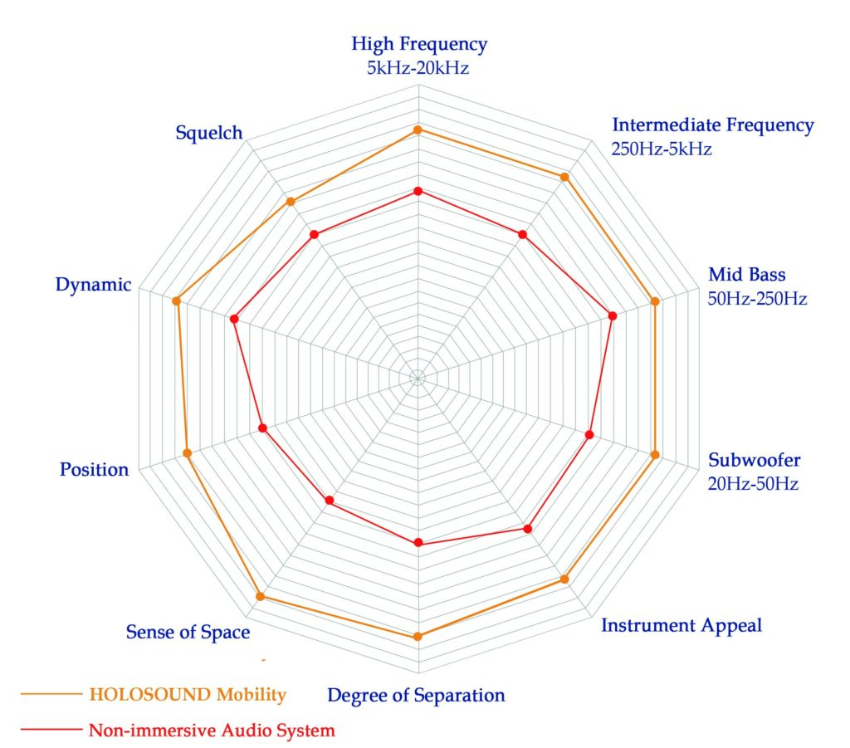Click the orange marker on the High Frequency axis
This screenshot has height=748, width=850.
pyautogui.click(x=418, y=130)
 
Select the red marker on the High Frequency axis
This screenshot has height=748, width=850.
pyautogui.click(x=418, y=192)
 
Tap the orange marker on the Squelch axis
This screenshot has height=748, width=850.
pyautogui.click(x=291, y=202)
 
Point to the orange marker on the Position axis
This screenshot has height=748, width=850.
pyautogui.click(x=187, y=453)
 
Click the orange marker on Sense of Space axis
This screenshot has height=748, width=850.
pyautogui.click(x=260, y=596)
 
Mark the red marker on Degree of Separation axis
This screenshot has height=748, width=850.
pyautogui.click(x=418, y=543)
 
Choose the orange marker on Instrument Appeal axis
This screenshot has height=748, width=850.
pyautogui.click(x=564, y=579)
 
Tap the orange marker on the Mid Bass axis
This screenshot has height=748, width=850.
pyautogui.click(x=655, y=301)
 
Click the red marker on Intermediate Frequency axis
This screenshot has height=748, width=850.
pyautogui.click(x=522, y=235)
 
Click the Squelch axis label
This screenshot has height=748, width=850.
pyautogui.click(x=208, y=132)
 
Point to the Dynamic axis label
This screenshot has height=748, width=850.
pyautogui.click(x=93, y=285)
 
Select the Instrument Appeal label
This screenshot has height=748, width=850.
pyautogui.click(x=681, y=625)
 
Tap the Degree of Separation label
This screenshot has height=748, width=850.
pyautogui.click(x=416, y=695)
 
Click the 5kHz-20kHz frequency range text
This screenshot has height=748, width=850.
pyautogui.click(x=418, y=68)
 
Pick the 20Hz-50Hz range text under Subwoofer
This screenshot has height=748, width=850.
pyautogui.click(x=753, y=483)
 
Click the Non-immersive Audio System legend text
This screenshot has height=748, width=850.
pyautogui.click(x=212, y=731)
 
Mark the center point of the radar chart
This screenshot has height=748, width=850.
pyautogui.click(x=418, y=378)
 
